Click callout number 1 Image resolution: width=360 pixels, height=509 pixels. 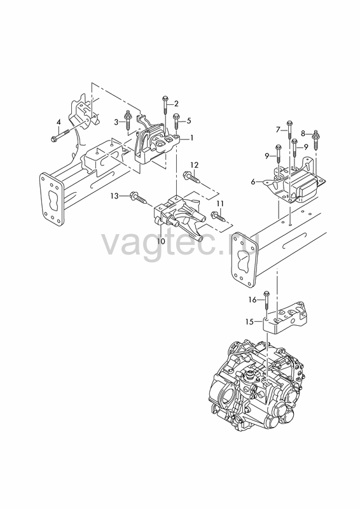pyautogui.click(x=191, y=138)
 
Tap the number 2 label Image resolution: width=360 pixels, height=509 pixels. pyautogui.click(x=176, y=104)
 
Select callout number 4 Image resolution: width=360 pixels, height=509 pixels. pyautogui.click(x=59, y=122)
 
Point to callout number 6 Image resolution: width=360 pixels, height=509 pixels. pyautogui.click(x=253, y=183)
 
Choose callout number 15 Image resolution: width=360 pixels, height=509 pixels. pyautogui.click(x=249, y=322)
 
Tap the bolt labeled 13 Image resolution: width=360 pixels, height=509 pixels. pyautogui.click(x=138, y=198)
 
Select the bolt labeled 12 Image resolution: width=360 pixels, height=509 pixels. pyautogui.click(x=191, y=178)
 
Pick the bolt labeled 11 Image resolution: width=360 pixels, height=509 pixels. pyautogui.click(x=218, y=216)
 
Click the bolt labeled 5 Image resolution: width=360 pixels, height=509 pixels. pyautogui.click(x=176, y=123)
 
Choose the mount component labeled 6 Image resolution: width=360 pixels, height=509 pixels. pyautogui.click(x=294, y=183)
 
